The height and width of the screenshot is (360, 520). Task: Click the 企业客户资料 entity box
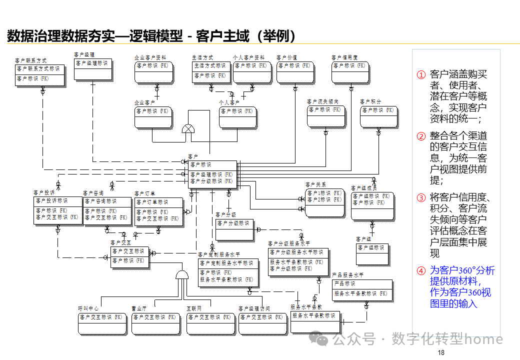[x=153, y=71]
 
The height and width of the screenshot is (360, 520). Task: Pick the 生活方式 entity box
[x=210, y=71]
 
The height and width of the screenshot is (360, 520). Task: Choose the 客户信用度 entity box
[x=350, y=71]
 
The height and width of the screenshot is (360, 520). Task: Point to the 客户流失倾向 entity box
[x=326, y=115]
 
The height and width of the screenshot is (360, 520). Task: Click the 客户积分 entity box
[x=379, y=116]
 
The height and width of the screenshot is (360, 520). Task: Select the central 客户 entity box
[x=212, y=173]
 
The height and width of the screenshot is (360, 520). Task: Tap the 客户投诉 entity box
[x=57, y=210]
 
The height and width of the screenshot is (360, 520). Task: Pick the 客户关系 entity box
[x=324, y=202]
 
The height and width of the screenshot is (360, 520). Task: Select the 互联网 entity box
[x=210, y=323]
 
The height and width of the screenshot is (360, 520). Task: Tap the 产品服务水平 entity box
[x=362, y=291]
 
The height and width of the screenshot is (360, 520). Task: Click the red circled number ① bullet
[x=421, y=74]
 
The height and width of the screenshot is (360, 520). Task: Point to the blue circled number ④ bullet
[x=421, y=271]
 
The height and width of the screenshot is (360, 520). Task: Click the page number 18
[x=440, y=353]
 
